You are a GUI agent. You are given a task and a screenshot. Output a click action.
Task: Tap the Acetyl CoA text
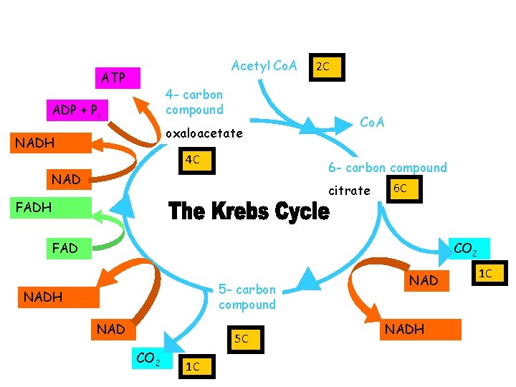pos(264,66)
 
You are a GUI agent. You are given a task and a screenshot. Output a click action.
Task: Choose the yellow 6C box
pos(401,188)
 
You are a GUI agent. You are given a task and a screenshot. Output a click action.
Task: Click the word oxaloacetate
pos(204,134)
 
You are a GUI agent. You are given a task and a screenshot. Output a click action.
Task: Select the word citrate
pos(350,191)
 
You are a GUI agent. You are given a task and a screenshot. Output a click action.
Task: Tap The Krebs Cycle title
pos(249,211)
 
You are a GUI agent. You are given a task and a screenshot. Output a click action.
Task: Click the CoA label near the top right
pos(372,122)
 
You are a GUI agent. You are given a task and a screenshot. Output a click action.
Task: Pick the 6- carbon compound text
pos(387,168)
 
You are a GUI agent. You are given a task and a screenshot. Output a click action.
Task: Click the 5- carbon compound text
pos(247,297)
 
